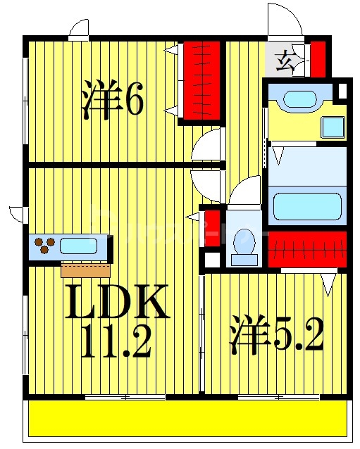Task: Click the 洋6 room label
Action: [x=113, y=100]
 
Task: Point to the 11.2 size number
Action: [x=116, y=343]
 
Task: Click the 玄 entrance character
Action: [x=285, y=62]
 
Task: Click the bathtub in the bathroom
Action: [x=308, y=204]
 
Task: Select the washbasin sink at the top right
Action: [x=300, y=99]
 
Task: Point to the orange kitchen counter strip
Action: [x=85, y=270]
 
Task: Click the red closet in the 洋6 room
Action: [x=202, y=80]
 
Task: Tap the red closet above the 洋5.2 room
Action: [x=307, y=249]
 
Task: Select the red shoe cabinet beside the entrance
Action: [x=318, y=59]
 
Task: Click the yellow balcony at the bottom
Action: [x=189, y=419]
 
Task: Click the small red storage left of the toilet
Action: [x=211, y=227]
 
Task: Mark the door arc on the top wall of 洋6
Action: [x=79, y=30]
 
